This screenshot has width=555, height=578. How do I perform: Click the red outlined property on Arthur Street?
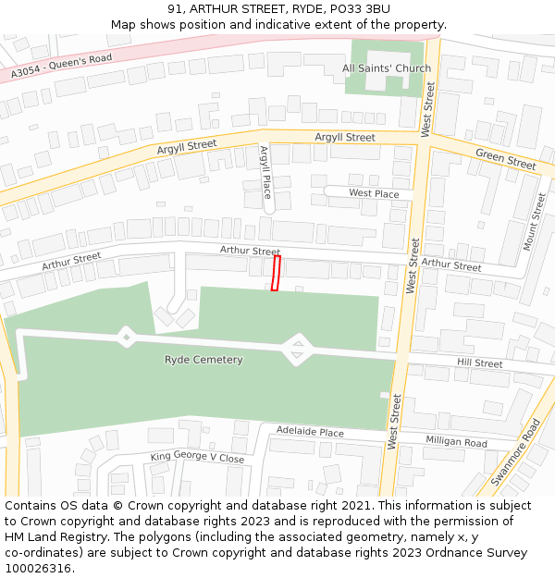coord(275,274)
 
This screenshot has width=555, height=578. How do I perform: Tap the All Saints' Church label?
coord(387,68)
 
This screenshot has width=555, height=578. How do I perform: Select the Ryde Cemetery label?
coord(203,360)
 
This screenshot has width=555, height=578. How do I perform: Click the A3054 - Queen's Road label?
coord(61,64)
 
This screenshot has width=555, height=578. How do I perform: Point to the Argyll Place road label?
coord(266,172)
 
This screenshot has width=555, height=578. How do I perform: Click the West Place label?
coord(374,194)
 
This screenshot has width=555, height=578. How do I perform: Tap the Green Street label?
coord(505,159)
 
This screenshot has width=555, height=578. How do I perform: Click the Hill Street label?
coord(480,363)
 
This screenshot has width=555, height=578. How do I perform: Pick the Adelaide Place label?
coord(310,432)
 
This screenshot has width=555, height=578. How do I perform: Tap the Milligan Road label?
coord(456,442)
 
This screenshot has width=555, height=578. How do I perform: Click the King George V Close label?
coord(197,458)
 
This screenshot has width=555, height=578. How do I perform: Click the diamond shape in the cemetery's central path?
coord(297,350)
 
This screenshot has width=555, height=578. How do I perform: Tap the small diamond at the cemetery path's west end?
coord(125,335)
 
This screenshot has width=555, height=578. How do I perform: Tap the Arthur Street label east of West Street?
coord(450,265)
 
